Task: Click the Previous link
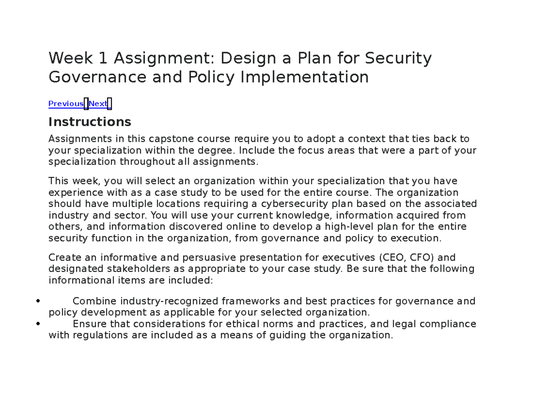point(66,104)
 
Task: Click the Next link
point(98,104)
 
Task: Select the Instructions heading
point(90,122)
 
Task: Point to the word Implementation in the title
point(304,77)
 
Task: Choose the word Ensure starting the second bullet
point(89,324)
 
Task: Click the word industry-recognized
point(169,301)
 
